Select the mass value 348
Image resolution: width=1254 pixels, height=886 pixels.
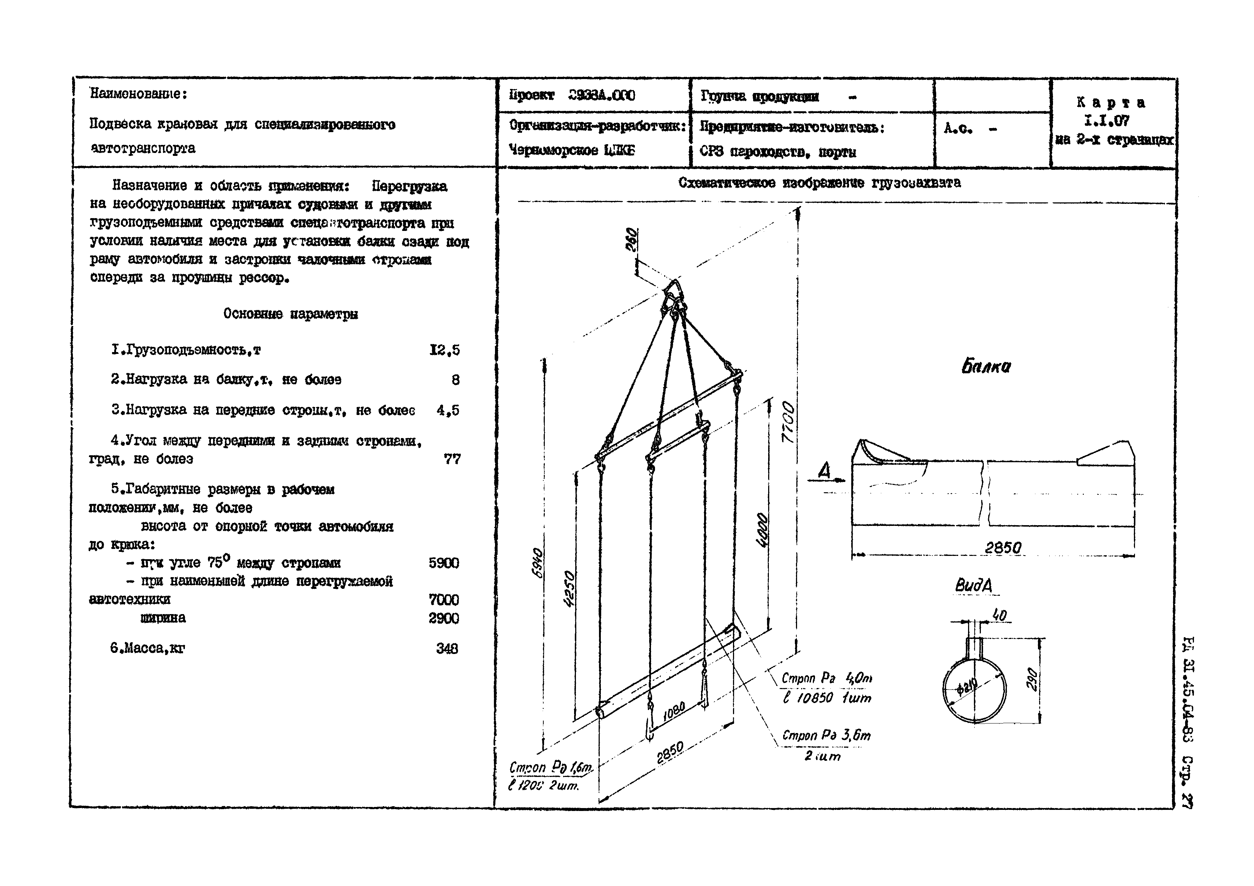(x=447, y=648)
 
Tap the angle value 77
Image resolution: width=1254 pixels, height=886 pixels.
(x=452, y=459)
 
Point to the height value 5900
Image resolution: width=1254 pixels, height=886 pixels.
(x=443, y=563)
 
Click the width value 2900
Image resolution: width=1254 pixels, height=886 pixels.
(x=443, y=618)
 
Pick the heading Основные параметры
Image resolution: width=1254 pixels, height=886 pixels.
(x=291, y=314)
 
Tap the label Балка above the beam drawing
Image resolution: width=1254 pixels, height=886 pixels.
(x=986, y=366)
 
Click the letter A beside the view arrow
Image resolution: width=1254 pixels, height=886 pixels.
(x=824, y=470)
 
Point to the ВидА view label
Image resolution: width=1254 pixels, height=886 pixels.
(x=973, y=586)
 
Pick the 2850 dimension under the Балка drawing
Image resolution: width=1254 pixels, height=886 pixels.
(x=1003, y=547)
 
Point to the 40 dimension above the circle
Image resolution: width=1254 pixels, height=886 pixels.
(x=999, y=616)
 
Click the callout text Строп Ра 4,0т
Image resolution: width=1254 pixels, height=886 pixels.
(x=826, y=678)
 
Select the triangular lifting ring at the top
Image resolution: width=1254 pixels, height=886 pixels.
(x=673, y=291)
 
